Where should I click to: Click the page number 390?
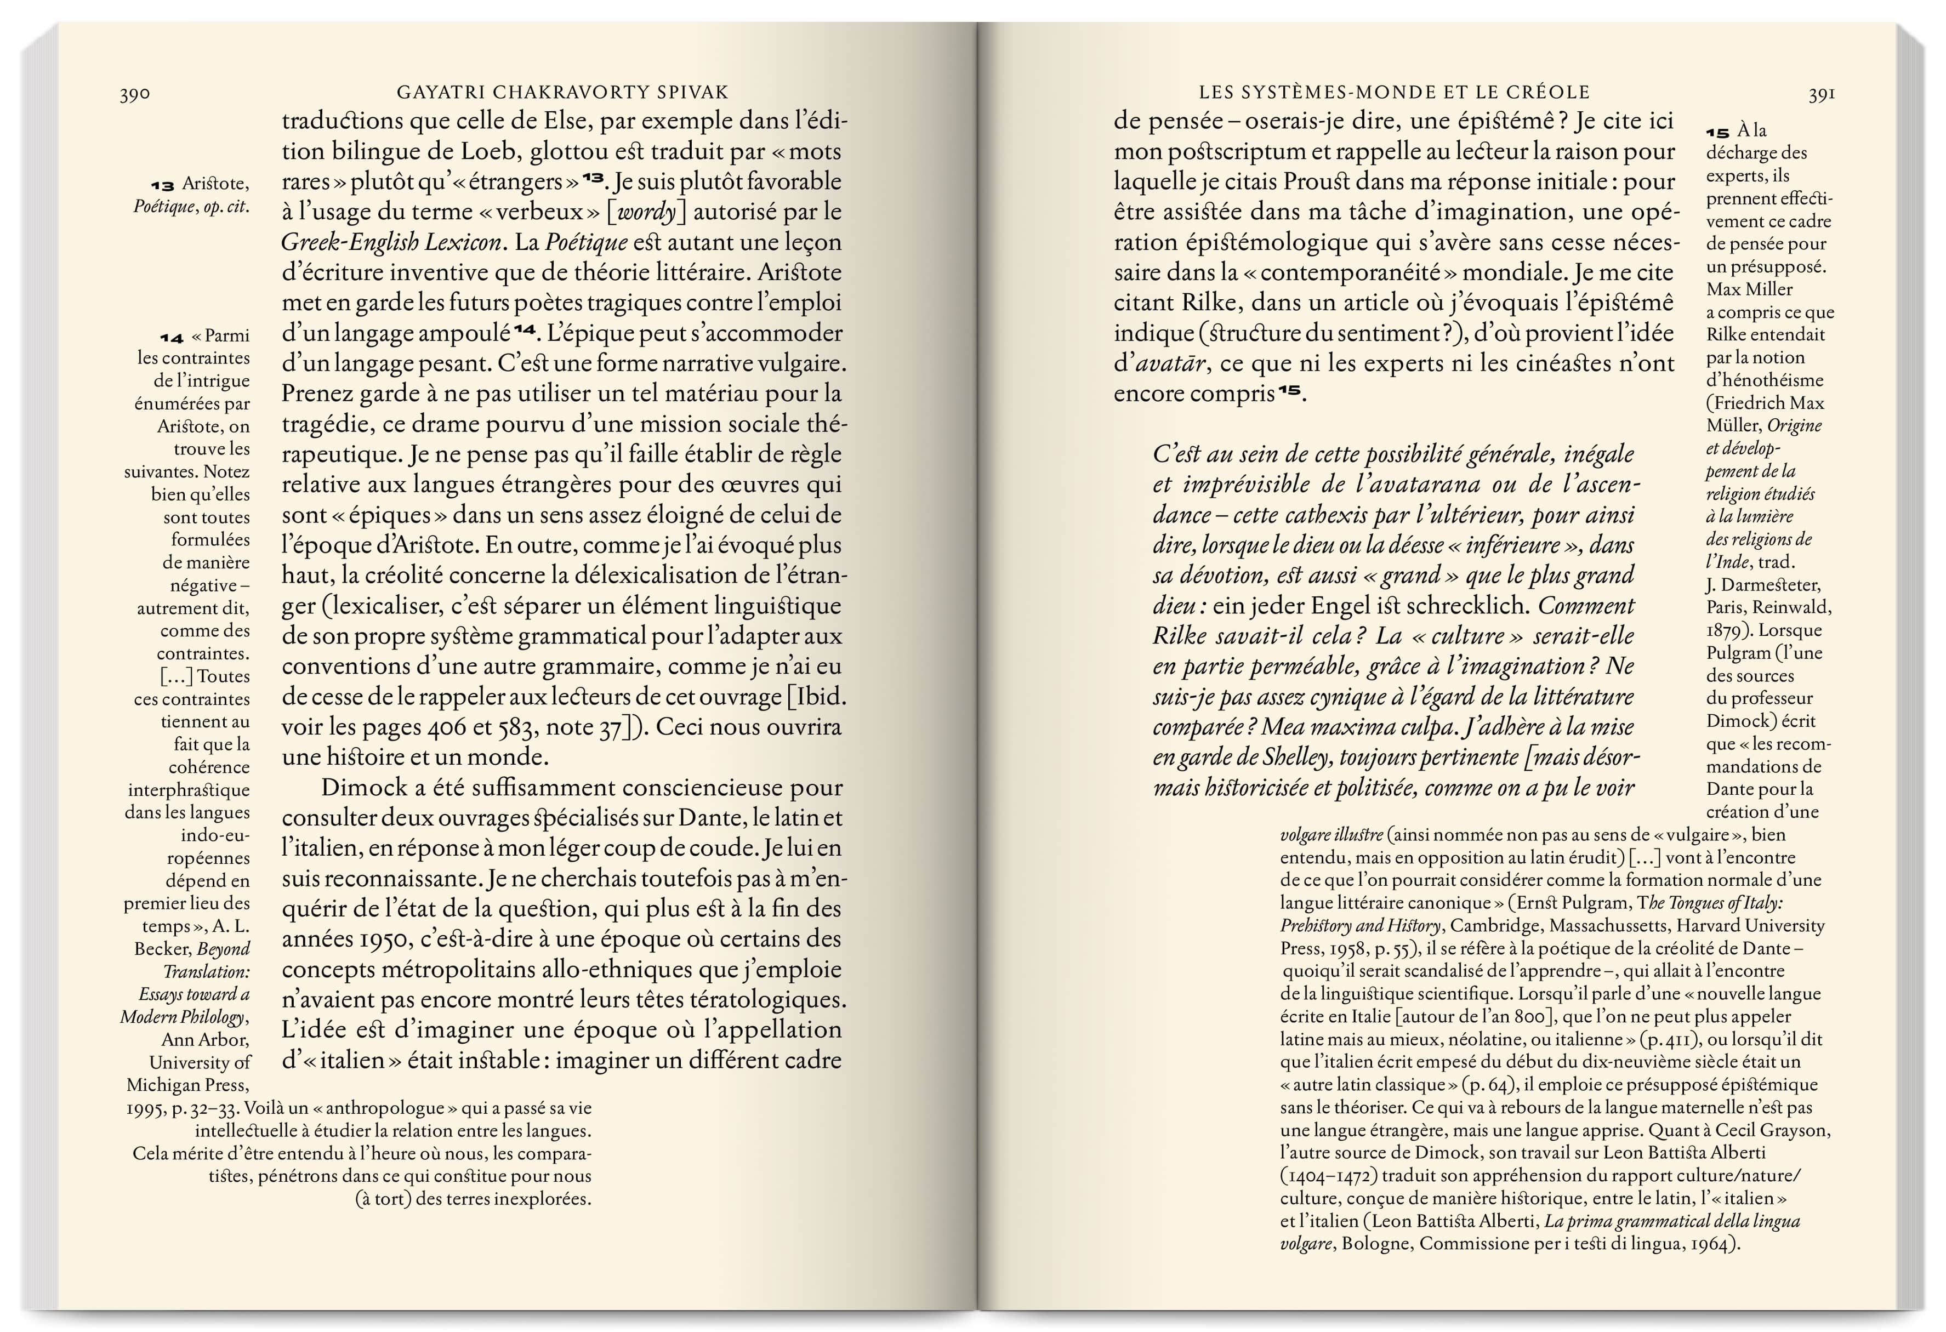[135, 94]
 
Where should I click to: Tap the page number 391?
[1821, 94]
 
